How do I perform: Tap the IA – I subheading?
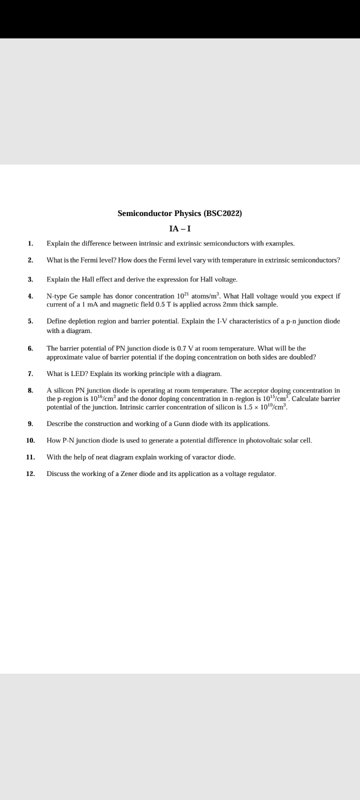coord(180,229)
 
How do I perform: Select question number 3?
coord(30,279)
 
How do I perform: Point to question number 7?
coord(30,373)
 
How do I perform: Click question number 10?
coord(30,440)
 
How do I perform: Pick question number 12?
coord(30,473)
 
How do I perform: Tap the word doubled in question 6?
coord(303,357)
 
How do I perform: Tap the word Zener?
coord(129,473)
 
